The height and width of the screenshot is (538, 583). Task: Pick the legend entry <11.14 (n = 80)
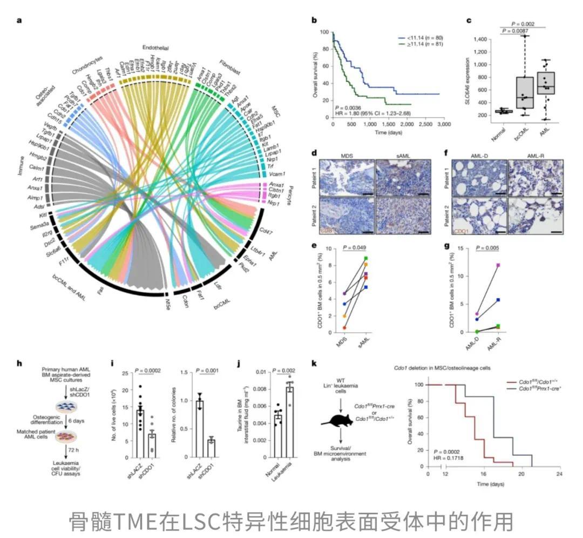click(x=422, y=38)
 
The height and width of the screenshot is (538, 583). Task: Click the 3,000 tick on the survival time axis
click(x=443, y=125)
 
